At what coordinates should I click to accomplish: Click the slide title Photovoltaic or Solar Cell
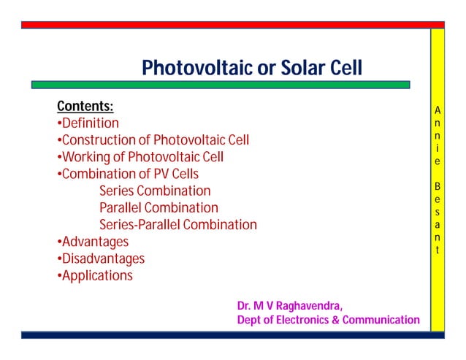[x=251, y=68]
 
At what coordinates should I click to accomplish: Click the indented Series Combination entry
[x=155, y=191]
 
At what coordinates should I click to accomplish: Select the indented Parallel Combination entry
[x=158, y=208]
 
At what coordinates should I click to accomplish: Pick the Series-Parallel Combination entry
[x=178, y=225]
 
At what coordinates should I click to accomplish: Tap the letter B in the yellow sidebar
[x=437, y=186]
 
